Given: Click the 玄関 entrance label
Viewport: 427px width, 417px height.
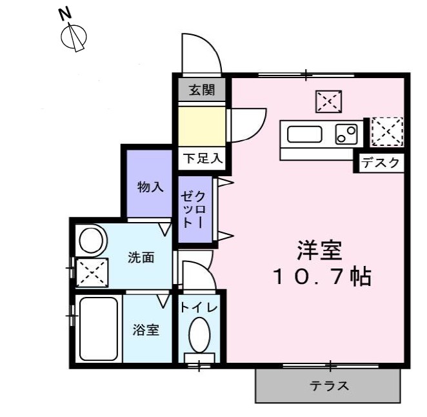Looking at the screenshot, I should (201, 90).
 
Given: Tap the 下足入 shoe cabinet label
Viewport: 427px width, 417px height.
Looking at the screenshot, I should (202, 158).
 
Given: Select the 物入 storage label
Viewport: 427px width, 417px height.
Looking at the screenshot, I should (150, 187).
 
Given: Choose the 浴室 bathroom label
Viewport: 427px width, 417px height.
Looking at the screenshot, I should (146, 330).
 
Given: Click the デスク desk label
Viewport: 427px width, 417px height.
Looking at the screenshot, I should (381, 163).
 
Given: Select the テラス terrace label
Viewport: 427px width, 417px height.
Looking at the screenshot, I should (329, 387).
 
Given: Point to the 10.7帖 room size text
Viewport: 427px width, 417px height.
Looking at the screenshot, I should (321, 277).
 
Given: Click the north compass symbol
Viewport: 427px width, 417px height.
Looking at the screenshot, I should (74, 34).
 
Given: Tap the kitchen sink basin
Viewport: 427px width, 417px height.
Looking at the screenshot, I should (304, 135).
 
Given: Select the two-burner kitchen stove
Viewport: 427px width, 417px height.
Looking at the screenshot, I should (346, 134).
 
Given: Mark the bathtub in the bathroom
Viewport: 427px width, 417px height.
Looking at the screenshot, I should (97, 329).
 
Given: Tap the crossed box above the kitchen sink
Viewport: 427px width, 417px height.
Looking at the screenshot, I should (329, 101).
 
